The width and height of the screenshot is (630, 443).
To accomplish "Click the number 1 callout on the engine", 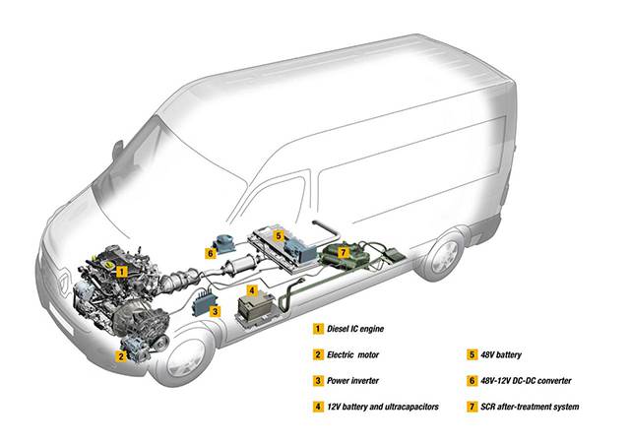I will (x=120, y=268).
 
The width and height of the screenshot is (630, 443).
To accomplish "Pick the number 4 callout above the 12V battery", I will (x=252, y=291).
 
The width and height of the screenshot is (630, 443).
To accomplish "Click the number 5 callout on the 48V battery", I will (x=280, y=236).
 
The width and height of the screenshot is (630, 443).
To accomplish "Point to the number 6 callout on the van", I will (x=211, y=252).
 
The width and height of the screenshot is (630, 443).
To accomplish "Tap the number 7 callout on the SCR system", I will (x=343, y=253).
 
